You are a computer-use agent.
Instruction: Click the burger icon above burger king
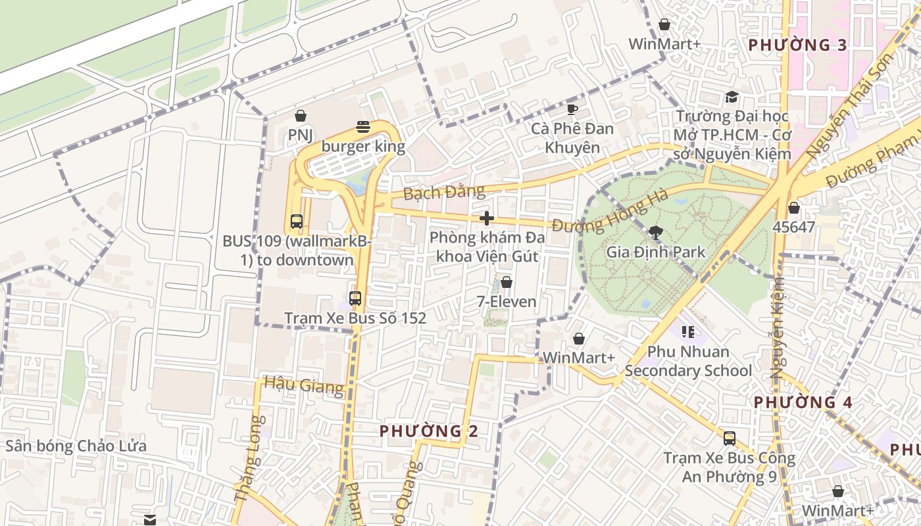362,127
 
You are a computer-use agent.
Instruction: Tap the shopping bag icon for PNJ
301,116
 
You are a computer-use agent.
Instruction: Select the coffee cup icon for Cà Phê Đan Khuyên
572,109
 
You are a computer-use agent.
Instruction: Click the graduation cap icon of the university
732,98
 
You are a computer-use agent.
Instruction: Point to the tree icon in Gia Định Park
655,232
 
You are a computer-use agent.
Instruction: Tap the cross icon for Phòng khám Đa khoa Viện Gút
487,218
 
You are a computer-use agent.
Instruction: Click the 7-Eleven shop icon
507,283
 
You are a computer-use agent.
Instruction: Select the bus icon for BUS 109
297,222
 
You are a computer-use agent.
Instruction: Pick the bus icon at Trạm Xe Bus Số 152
355,299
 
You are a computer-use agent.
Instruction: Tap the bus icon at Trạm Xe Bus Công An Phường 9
729,439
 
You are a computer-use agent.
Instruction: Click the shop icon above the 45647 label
794,208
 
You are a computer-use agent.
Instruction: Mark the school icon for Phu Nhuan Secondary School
687,332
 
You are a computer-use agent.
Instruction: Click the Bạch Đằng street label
444,193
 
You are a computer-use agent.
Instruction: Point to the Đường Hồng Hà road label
610,212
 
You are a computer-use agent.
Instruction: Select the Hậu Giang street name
303,385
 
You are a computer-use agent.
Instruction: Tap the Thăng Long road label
250,460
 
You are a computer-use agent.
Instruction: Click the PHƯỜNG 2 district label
429,431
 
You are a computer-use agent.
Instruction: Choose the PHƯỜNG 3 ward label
798,45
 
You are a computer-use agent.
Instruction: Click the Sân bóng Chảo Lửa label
76,446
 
